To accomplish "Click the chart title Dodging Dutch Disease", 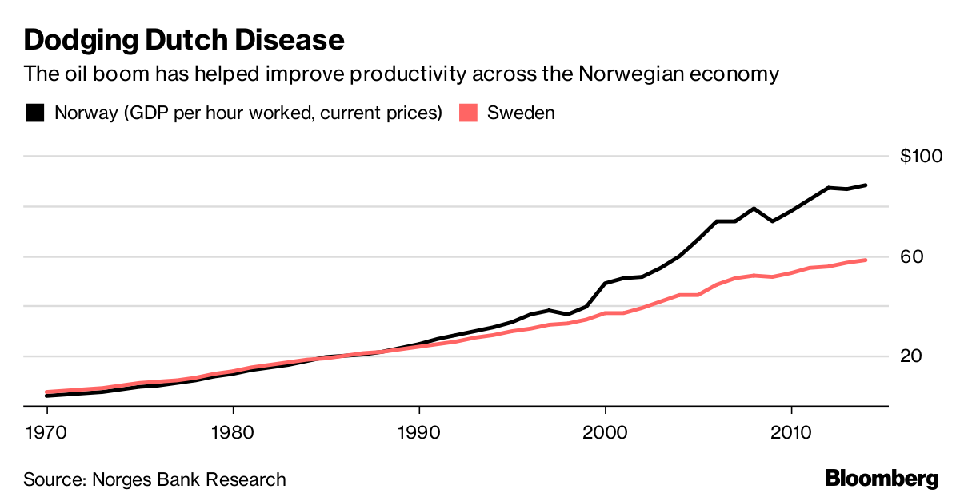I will [184, 39].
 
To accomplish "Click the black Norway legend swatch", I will [35, 113].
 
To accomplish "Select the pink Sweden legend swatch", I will [469, 113].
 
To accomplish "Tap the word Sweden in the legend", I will [521, 113].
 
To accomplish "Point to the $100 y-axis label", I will [922, 157].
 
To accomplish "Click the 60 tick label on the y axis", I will [912, 256].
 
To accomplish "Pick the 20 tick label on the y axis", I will [912, 356].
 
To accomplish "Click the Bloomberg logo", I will [882, 479].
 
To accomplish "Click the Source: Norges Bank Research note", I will [154, 479].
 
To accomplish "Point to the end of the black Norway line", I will [866, 185].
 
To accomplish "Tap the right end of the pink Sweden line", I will [866, 260].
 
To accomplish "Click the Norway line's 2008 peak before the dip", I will [754, 209].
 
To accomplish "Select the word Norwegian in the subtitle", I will [617, 74].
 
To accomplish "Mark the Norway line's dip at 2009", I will [772, 221].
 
